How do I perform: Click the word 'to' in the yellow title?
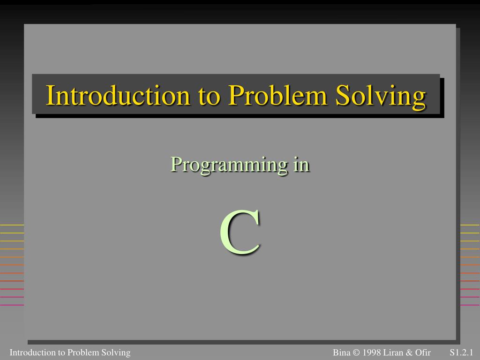click(208, 96)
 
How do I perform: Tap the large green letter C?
click(240, 233)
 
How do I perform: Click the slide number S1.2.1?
click(461, 352)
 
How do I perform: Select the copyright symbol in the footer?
click(355, 352)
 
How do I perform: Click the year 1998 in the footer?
click(371, 352)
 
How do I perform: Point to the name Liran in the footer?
click(394, 352)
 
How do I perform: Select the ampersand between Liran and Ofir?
click(410, 352)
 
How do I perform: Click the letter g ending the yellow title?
click(420, 98)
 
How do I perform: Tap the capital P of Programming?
click(175, 165)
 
